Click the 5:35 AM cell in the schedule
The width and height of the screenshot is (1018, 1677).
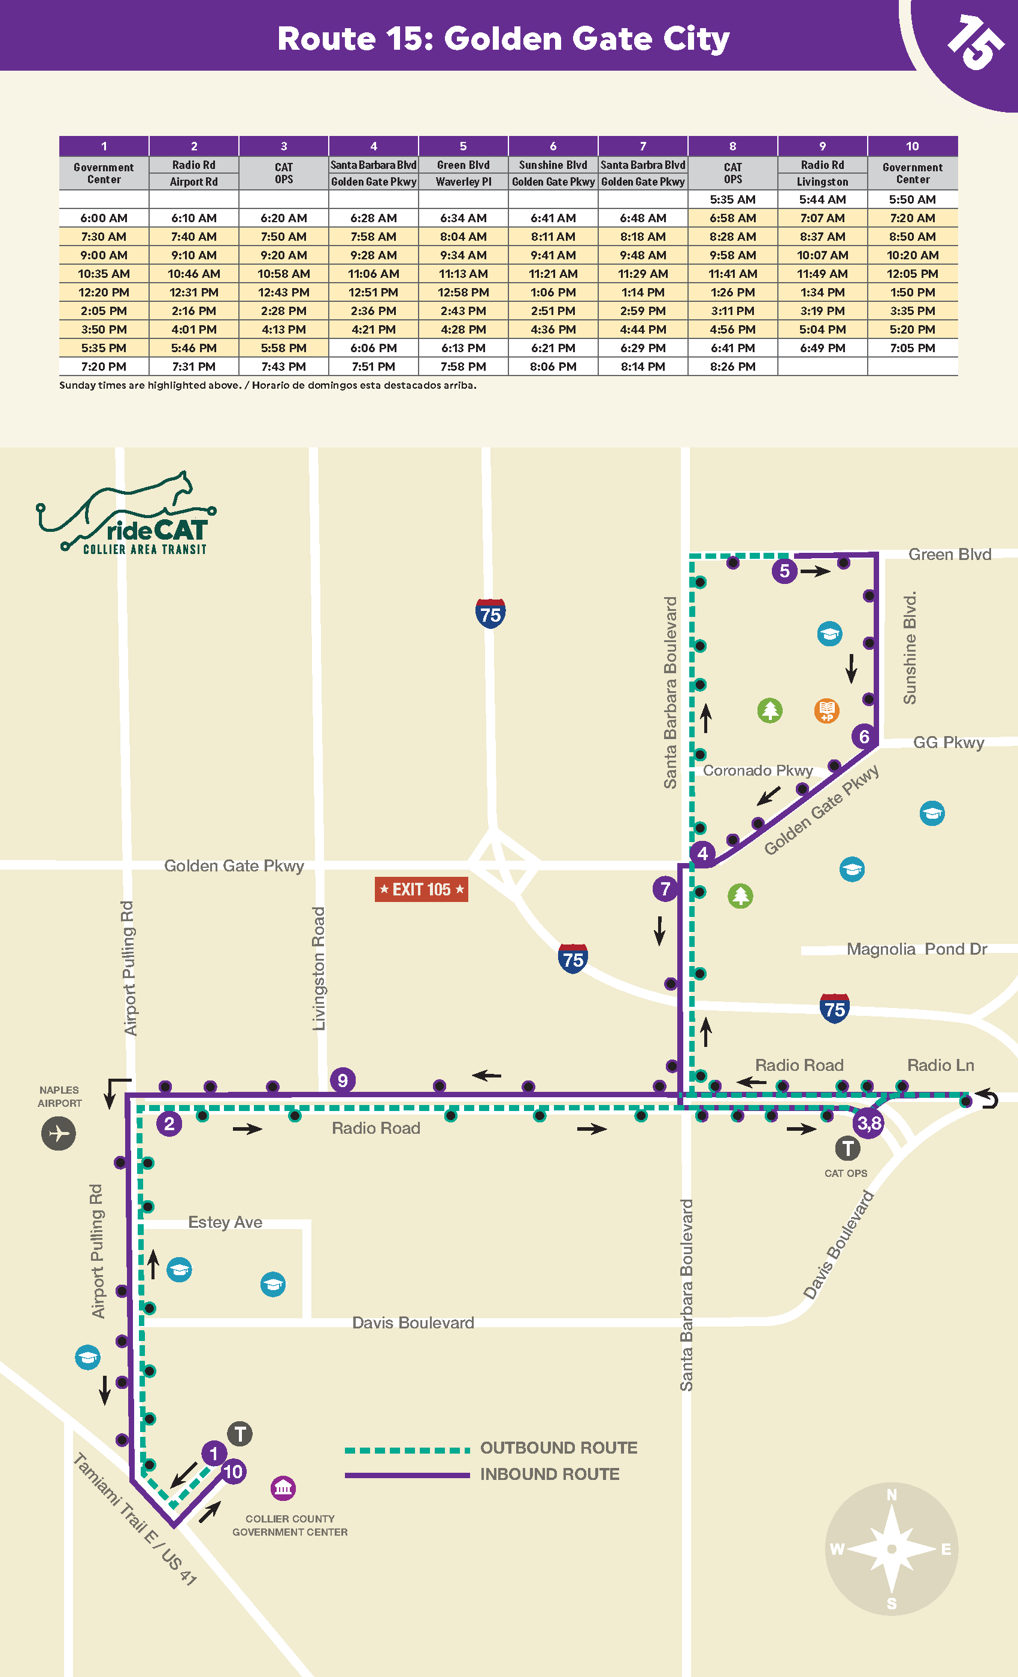(x=732, y=199)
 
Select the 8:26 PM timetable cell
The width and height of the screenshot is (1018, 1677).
(x=732, y=366)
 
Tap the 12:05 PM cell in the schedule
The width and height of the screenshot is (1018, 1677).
(x=912, y=274)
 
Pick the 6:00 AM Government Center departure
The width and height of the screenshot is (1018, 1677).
(x=104, y=218)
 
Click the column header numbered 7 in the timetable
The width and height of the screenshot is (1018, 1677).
(x=643, y=146)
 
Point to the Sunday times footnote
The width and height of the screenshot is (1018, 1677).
(x=268, y=385)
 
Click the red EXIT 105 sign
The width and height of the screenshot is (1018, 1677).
(x=421, y=889)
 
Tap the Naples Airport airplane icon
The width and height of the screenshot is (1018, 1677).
(x=59, y=1133)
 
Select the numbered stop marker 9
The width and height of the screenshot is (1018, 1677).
(x=343, y=1080)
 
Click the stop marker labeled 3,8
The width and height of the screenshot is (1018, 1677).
(x=869, y=1123)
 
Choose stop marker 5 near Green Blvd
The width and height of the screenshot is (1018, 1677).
(x=784, y=570)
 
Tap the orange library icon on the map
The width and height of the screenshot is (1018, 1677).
(x=826, y=710)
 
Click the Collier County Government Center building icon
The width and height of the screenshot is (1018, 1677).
(x=283, y=1488)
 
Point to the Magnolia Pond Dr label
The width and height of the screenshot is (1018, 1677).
(x=916, y=949)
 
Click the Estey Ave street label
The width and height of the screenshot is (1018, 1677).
(x=225, y=1222)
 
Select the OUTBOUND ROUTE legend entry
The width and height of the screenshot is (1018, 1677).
(x=558, y=1448)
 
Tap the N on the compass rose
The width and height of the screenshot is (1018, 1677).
(x=892, y=1494)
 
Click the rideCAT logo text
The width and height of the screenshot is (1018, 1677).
(x=156, y=531)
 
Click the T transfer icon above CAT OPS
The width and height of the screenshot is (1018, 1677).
(x=847, y=1149)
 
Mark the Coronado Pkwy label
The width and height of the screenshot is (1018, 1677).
(x=758, y=770)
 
